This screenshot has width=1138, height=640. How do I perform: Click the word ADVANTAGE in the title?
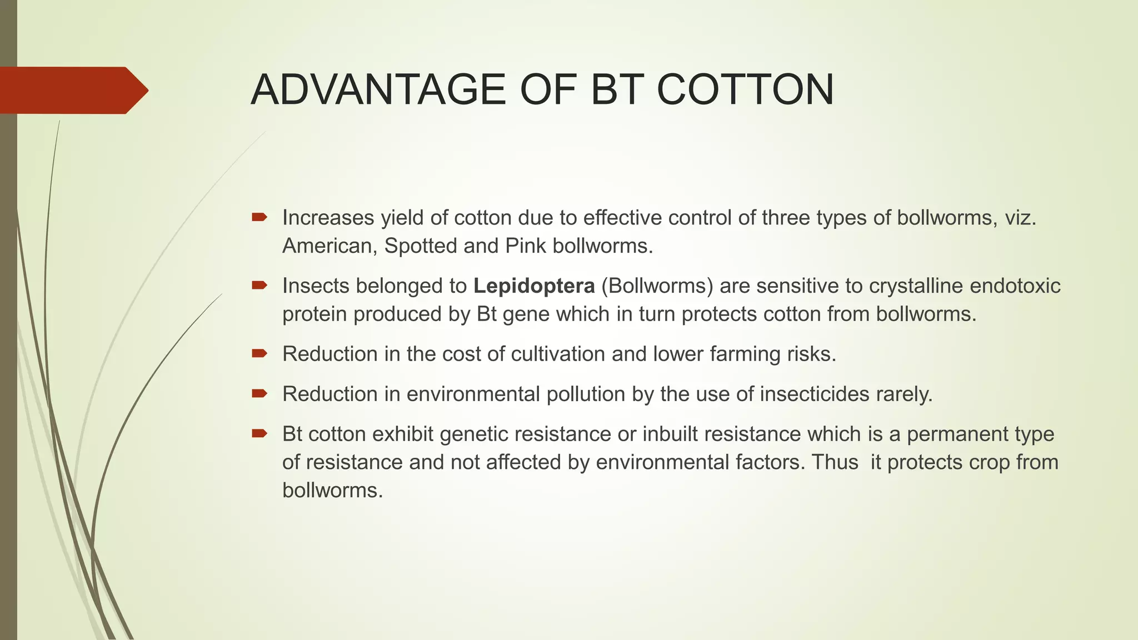[x=378, y=90]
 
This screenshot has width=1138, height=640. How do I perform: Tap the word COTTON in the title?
[x=745, y=90]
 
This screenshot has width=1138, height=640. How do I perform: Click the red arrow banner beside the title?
[x=72, y=91]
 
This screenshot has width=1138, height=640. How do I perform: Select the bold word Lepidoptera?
[x=534, y=286]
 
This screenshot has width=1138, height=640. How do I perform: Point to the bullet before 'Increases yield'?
[x=259, y=217]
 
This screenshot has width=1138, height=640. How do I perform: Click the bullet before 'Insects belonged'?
[x=259, y=286]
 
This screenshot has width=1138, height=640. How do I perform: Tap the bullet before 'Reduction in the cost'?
[x=259, y=353]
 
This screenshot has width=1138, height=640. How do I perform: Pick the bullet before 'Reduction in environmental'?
[x=259, y=393]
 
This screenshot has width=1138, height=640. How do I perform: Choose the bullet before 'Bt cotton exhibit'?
[x=259, y=433]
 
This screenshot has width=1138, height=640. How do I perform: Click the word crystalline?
[x=916, y=286]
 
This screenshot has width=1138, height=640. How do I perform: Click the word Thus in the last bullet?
[x=835, y=462]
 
